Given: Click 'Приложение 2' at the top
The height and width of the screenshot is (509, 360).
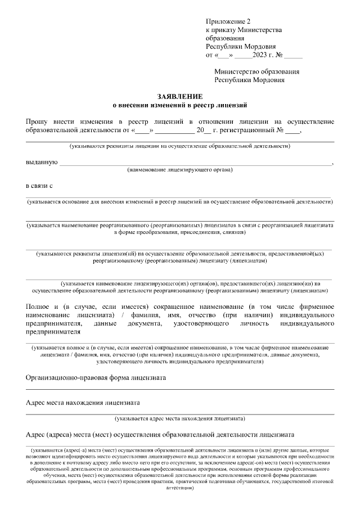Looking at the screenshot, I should pos(227,21).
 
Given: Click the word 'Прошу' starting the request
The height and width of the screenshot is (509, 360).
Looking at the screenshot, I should pos(38,122).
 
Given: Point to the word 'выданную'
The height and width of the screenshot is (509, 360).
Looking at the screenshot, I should pos(42,163).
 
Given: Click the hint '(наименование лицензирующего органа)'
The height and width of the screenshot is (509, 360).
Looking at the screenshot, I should pos(180,170).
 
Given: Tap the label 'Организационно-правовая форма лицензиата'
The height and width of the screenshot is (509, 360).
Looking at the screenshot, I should pos(104,378).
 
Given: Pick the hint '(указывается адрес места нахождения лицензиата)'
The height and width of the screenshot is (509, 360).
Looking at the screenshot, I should pos(180,419).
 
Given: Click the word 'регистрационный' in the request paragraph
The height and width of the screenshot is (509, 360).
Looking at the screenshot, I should pos(245,130).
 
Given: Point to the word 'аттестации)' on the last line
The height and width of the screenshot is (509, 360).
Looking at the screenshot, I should pos(180,488).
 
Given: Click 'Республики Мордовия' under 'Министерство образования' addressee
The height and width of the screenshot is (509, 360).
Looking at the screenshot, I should pos(250,80).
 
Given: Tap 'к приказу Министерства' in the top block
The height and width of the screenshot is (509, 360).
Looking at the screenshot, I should pos(244,30).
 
